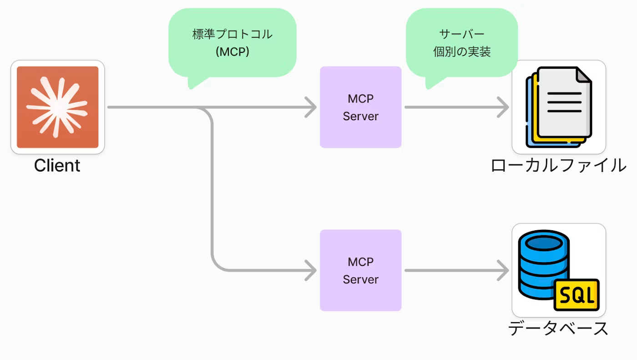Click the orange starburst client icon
(x=57, y=107)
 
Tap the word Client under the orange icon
(x=57, y=165)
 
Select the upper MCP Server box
(x=360, y=107)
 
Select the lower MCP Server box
(x=360, y=270)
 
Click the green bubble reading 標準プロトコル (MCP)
(x=233, y=43)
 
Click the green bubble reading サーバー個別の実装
(x=462, y=43)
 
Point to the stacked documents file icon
(x=559, y=107)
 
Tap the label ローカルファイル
(x=559, y=165)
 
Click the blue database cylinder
(x=543, y=265)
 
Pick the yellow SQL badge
(x=577, y=295)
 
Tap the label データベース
(x=558, y=329)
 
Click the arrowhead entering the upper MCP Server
(x=311, y=107)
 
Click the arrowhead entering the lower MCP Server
(x=311, y=270)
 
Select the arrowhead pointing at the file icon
(x=503, y=107)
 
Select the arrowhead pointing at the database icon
(x=503, y=270)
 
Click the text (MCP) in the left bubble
(x=233, y=52)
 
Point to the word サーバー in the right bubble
(x=462, y=34)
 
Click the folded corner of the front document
(x=584, y=75)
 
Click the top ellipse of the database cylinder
(x=543, y=243)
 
